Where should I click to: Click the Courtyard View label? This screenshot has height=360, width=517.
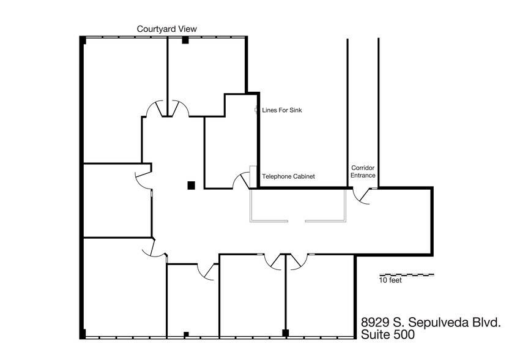click(166, 29)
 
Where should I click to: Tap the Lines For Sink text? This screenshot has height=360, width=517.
click(282, 111)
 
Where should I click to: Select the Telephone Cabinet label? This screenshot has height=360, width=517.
click(288, 176)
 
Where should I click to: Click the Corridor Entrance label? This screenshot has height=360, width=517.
click(363, 171)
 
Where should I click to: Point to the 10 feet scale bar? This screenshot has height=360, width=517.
click(407, 274)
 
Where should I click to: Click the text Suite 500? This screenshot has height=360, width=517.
click(388, 335)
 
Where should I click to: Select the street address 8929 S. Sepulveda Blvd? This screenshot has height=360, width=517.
click(431, 322)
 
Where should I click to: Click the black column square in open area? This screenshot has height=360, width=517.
click(191, 185)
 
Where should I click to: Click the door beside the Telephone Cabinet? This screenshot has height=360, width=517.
click(242, 181)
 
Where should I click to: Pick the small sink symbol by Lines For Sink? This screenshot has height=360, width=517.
click(257, 110)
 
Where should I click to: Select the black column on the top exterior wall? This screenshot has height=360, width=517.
click(184, 40)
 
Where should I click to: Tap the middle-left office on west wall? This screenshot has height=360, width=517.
click(116, 199)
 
